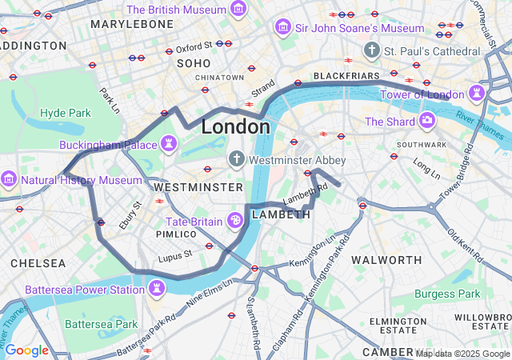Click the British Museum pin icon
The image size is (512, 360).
tap(238, 10)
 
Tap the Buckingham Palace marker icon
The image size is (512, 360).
tap(169, 144)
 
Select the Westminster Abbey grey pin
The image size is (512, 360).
tap(237, 160)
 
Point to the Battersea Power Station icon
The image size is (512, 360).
tap(157, 289)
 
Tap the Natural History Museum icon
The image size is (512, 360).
tap(10, 179)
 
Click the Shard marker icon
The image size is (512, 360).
tap(427, 121)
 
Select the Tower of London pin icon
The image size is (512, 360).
tap(478, 93)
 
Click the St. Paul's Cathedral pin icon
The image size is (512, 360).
tap(370, 51)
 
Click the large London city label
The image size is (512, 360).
tap(235, 126)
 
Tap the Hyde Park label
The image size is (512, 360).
tap(66, 113)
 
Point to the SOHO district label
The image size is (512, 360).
tap(193, 62)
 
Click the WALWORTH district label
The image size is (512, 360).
tap(386, 260)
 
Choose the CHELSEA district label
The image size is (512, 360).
tap(38, 262)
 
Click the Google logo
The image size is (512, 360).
tap(26, 350)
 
